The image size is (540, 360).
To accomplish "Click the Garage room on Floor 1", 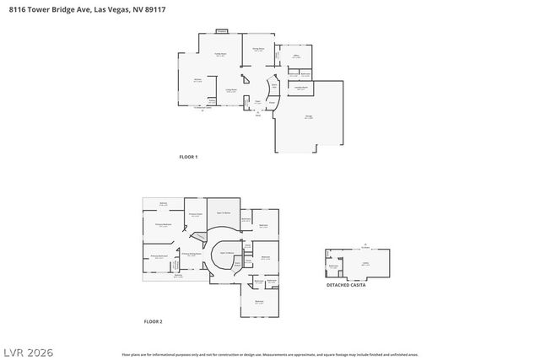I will [x=309, y=118].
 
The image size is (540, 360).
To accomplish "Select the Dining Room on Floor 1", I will [x=258, y=50].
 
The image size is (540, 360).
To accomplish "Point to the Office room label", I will [x=296, y=57].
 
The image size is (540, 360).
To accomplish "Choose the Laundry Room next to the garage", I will [x=300, y=87].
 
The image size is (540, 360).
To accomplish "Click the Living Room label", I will [x=230, y=90].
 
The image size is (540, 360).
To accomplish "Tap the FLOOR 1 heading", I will [x=188, y=157].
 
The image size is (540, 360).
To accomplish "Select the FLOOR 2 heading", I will [x=153, y=321].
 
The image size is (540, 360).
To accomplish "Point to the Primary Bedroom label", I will [x=163, y=225].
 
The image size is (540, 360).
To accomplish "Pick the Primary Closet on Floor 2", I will [x=195, y=214].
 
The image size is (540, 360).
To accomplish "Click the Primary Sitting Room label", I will [x=192, y=253].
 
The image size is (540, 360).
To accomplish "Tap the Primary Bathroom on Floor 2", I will [x=159, y=256].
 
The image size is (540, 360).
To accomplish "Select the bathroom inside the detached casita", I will [x=333, y=266].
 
